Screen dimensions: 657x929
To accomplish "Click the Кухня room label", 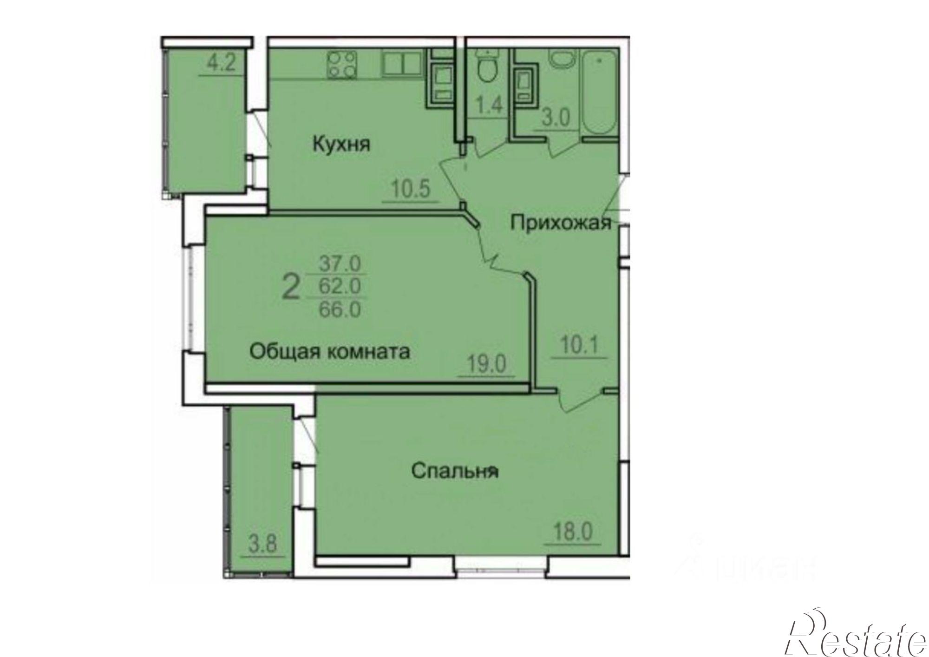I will pyautogui.click(x=341, y=144).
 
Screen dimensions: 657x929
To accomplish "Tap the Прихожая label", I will pyautogui.click(x=560, y=223).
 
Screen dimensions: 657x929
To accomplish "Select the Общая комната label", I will pyautogui.click(x=330, y=351).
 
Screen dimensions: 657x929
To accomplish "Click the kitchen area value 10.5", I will pyautogui.click(x=411, y=190).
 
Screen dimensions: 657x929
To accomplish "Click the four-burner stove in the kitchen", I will pyautogui.click(x=343, y=65).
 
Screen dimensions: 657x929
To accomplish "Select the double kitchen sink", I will pyautogui.click(x=402, y=64).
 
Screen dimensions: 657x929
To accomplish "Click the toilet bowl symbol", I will pyautogui.click(x=488, y=68).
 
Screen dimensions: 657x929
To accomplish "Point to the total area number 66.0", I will pyautogui.click(x=340, y=309).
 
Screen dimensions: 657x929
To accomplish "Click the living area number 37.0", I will pyautogui.click(x=340, y=264).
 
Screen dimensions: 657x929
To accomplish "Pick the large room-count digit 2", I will pyautogui.click(x=291, y=287).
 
